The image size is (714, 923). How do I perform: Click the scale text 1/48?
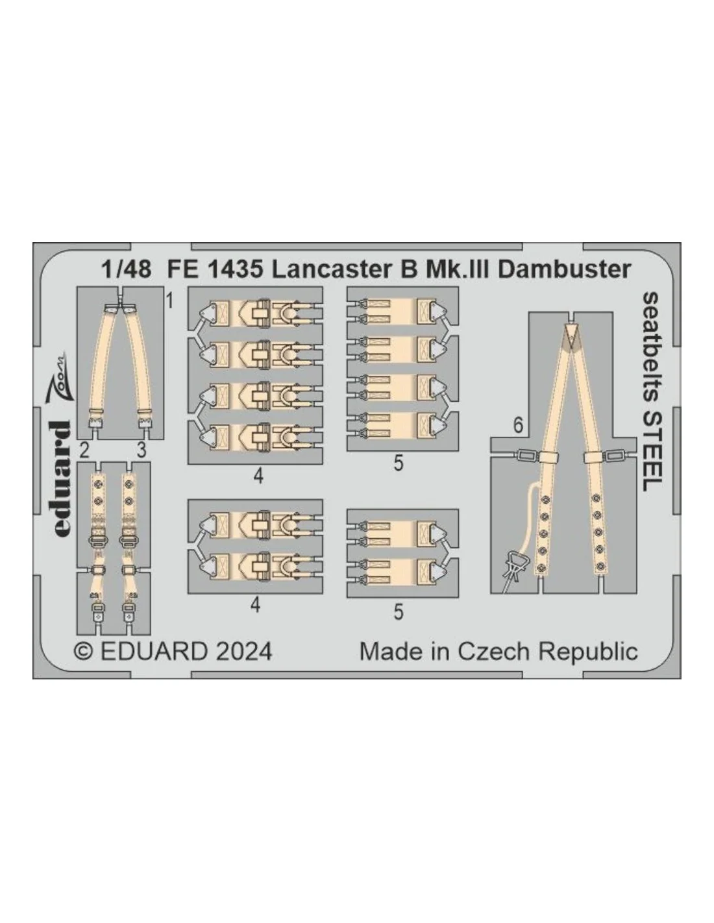click(126, 270)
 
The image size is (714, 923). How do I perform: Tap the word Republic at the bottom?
click(588, 652)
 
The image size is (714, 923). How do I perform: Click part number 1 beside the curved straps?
click(169, 302)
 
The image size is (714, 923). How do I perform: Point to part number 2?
click(84, 450)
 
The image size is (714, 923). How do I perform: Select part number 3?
click(142, 450)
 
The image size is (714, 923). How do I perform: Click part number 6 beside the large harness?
click(518, 426)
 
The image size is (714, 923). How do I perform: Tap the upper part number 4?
click(258, 477)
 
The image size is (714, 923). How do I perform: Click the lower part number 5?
click(399, 612)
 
